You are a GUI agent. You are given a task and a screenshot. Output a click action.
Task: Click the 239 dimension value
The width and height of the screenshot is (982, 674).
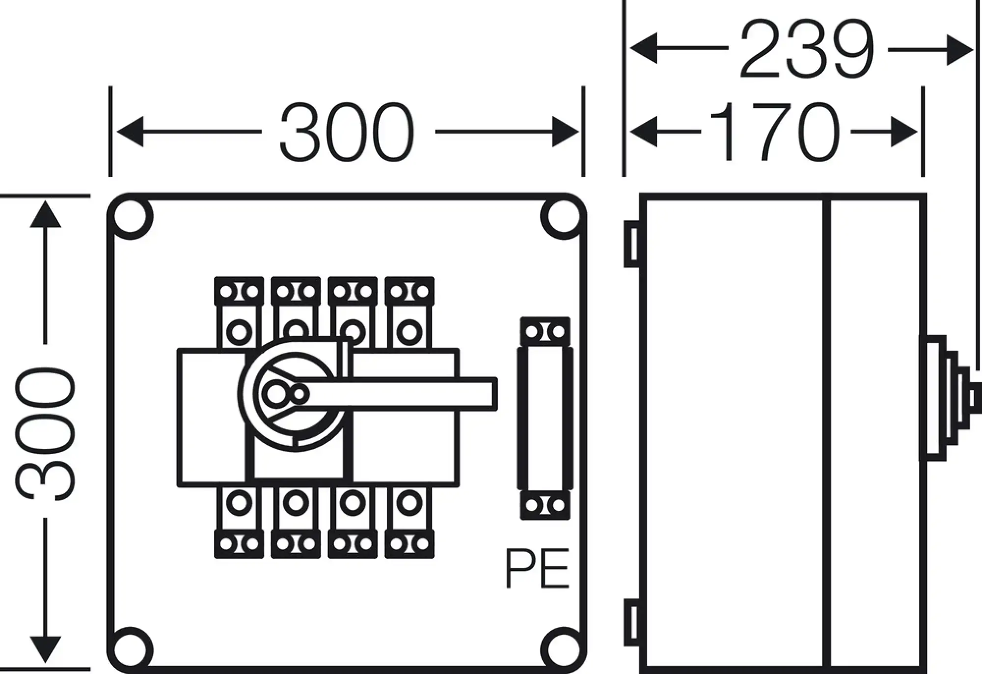tap(807, 49)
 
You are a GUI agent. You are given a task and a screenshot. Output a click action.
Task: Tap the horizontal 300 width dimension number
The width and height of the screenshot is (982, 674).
tap(347, 132)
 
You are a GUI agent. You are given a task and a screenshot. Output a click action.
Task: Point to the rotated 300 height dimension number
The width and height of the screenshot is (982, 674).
tap(45, 434)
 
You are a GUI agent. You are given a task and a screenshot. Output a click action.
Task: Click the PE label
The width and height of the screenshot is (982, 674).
tap(537, 568)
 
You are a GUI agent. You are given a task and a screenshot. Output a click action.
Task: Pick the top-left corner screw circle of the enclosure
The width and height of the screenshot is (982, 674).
tap(131, 217)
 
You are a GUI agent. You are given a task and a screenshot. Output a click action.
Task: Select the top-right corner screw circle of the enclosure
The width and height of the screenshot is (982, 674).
tap(563, 217)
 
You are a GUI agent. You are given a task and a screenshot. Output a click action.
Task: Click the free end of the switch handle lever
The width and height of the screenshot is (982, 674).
tap(495, 394)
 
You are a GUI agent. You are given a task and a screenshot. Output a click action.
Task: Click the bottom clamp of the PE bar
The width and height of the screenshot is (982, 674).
tap(545, 505)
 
